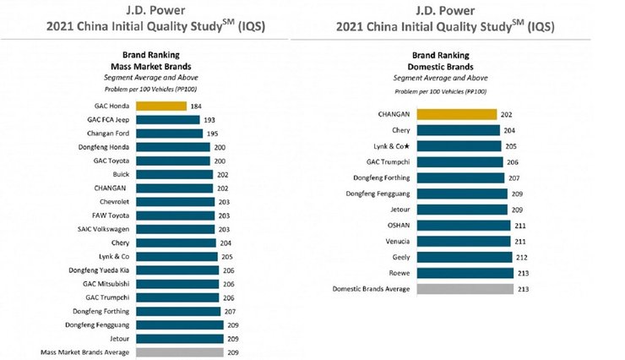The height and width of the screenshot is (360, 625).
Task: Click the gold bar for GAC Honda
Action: (160, 106)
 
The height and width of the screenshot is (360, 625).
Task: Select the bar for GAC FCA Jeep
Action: (167, 120)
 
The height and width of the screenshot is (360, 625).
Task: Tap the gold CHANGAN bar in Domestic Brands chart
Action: (456, 114)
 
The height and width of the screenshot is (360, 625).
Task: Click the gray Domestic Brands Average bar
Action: (465, 288)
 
